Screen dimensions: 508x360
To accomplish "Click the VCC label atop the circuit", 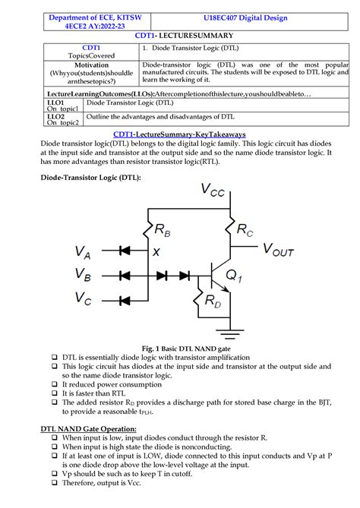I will click(213, 189).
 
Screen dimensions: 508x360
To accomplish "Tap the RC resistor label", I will click(245, 228).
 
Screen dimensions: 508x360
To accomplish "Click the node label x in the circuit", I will click(156, 251).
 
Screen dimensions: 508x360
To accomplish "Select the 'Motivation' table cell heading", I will click(91, 66).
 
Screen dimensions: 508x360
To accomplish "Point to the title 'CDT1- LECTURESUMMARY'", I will click(179, 36).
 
